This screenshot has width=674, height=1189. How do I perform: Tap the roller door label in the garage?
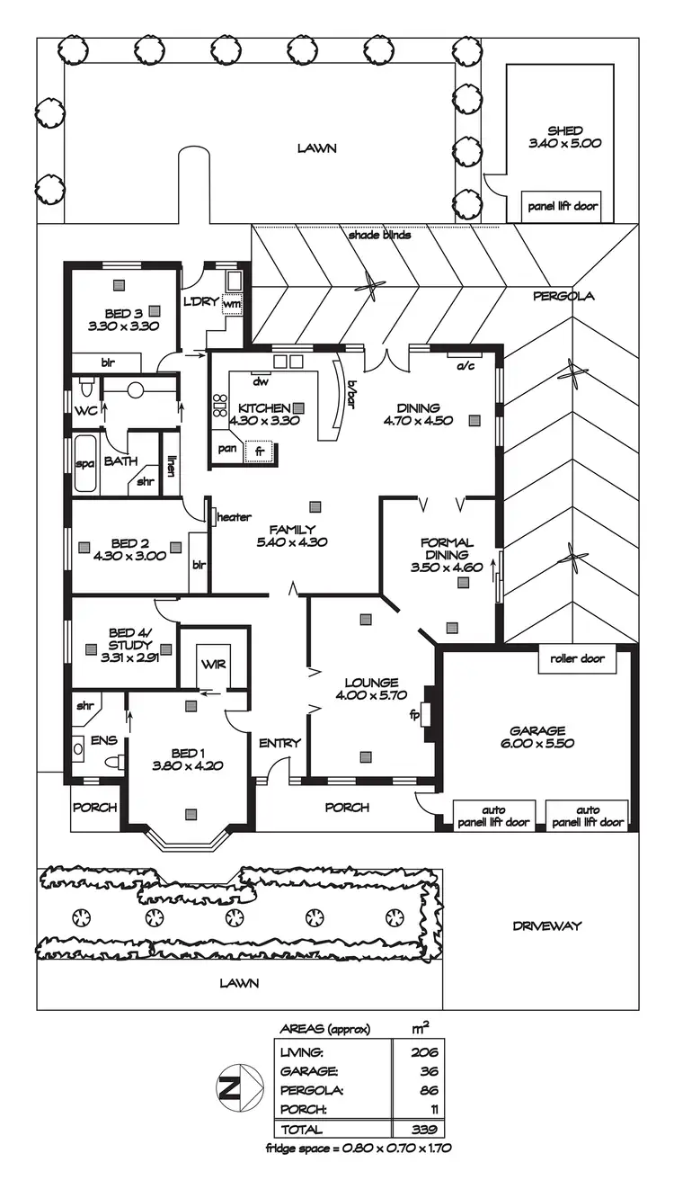pyautogui.click(x=579, y=658)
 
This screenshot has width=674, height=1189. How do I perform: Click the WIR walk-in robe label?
pyautogui.click(x=213, y=665)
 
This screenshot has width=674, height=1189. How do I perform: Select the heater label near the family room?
pyautogui.click(x=233, y=517)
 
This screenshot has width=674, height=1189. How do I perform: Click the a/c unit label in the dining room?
pyautogui.click(x=465, y=366)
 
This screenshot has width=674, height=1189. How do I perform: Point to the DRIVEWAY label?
pyautogui.click(x=547, y=925)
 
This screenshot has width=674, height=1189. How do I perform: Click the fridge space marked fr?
pyautogui.click(x=259, y=451)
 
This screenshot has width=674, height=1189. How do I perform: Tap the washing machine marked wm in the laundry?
pyautogui.click(x=232, y=304)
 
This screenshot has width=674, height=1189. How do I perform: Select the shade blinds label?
pyautogui.click(x=380, y=236)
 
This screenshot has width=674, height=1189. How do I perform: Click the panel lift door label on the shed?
pyautogui.click(x=563, y=206)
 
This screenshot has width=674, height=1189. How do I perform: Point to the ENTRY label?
pyautogui.click(x=279, y=743)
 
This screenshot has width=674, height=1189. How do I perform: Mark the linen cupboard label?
pyautogui.click(x=171, y=465)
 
